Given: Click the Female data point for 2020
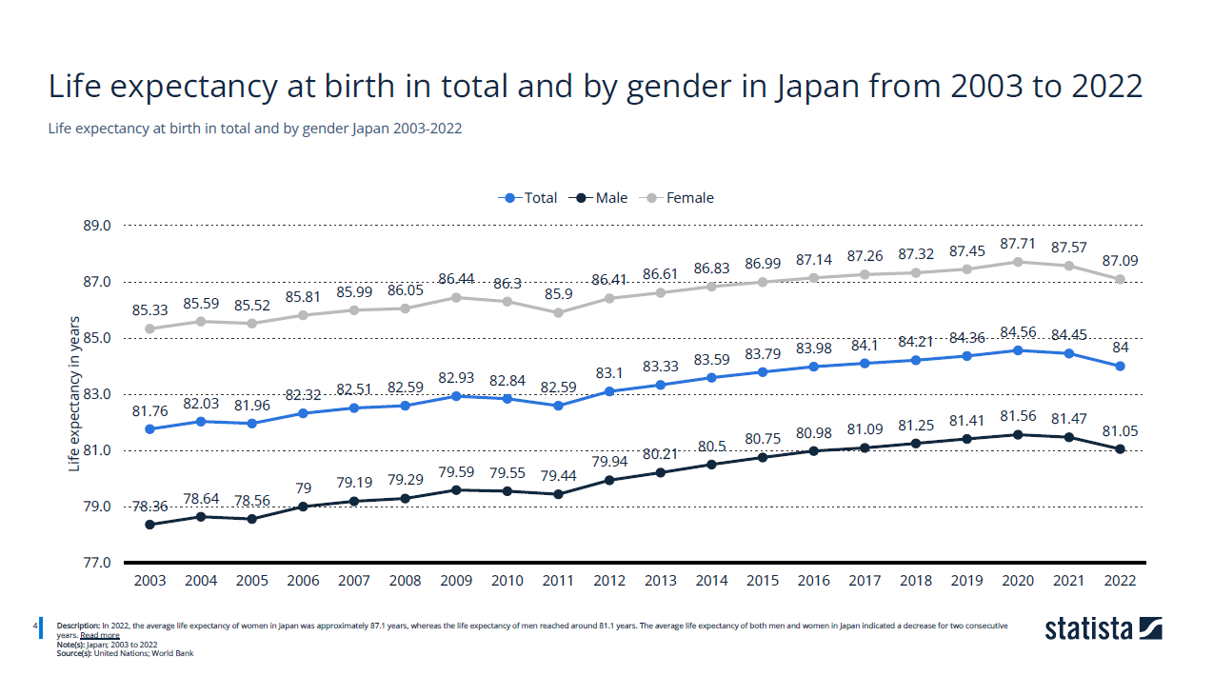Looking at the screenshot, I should [x=1018, y=262].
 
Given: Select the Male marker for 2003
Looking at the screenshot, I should [x=150, y=525].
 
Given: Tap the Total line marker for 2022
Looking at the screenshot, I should [x=1120, y=367].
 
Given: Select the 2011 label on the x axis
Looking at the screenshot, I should [x=558, y=581].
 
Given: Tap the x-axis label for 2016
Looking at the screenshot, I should [x=813, y=581].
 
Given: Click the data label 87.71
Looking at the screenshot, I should [x=1018, y=244].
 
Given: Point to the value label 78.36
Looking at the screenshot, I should [x=150, y=507].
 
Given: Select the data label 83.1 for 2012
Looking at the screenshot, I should [x=609, y=372].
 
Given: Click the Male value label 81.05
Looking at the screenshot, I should [x=1120, y=430].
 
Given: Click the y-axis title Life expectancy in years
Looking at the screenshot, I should [x=74, y=394].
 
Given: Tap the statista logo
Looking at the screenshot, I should [x=1103, y=629].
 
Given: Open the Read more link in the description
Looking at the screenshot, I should [x=100, y=635].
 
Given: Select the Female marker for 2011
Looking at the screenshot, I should [x=558, y=312].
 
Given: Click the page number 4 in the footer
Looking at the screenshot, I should [x=35, y=626].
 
